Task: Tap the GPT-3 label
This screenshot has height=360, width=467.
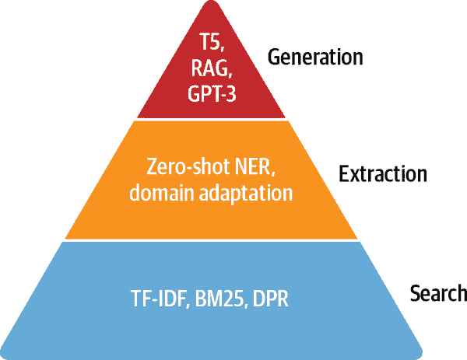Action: [212, 93]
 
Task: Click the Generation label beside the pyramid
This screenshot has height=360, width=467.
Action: [315, 57]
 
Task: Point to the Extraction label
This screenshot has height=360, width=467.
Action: [383, 174]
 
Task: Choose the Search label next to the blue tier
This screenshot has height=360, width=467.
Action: [438, 293]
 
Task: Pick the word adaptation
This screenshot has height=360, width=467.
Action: [246, 194]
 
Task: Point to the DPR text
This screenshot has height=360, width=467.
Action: [270, 299]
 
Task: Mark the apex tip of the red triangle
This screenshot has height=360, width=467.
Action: [211, 1]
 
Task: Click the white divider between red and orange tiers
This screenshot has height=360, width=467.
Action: [211, 119]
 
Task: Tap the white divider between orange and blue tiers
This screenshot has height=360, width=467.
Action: [211, 240]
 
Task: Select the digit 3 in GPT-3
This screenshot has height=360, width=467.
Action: [230, 93]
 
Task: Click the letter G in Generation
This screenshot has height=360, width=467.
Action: [274, 57]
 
